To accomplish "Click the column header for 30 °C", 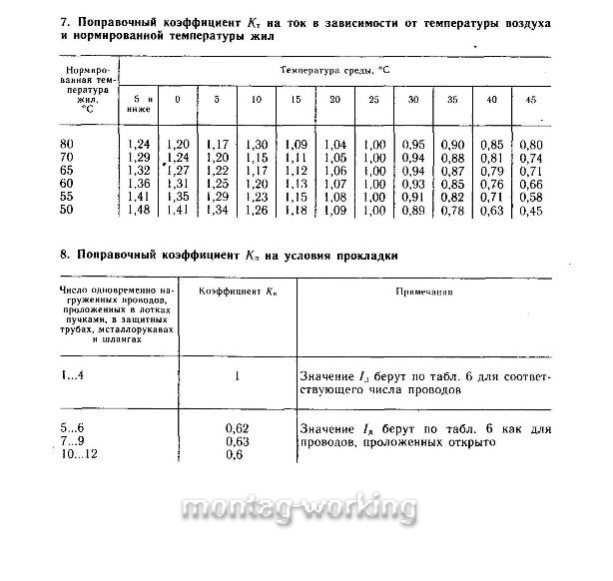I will point(413,100).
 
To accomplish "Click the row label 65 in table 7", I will point(69,171).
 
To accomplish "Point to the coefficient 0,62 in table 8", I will point(237,428).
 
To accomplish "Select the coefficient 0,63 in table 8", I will point(237,441).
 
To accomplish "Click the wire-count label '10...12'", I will point(81,454).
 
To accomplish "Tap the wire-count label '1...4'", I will point(75,376).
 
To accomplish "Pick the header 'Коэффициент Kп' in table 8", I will point(236,294).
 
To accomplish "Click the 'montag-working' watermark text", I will point(306,507).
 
